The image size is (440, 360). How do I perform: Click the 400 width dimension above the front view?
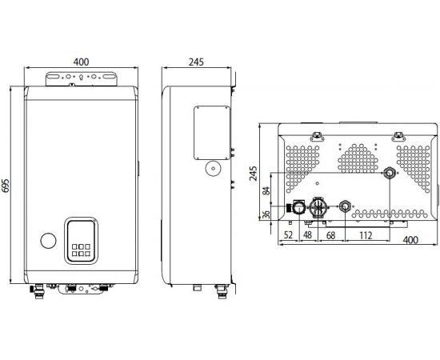(x=81, y=61)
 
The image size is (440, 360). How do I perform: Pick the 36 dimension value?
(x=266, y=214)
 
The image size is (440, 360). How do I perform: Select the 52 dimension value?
(x=287, y=235)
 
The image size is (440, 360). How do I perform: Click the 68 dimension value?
(x=331, y=235)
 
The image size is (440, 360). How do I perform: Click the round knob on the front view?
(x=48, y=240)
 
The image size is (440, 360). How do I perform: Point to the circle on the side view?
(x=213, y=169)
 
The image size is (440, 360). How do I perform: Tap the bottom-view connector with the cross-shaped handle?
(x=318, y=207)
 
